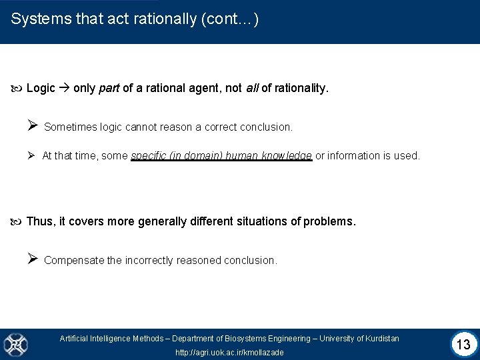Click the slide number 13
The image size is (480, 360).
[464, 345]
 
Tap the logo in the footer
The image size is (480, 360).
[15, 344]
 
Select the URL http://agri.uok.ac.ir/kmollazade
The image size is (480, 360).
[229, 352]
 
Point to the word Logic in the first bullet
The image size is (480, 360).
[41, 88]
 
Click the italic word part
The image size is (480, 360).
[109, 88]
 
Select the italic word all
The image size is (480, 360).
[251, 88]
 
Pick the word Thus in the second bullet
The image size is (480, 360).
[39, 221]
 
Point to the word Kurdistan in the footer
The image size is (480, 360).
[381, 339]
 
